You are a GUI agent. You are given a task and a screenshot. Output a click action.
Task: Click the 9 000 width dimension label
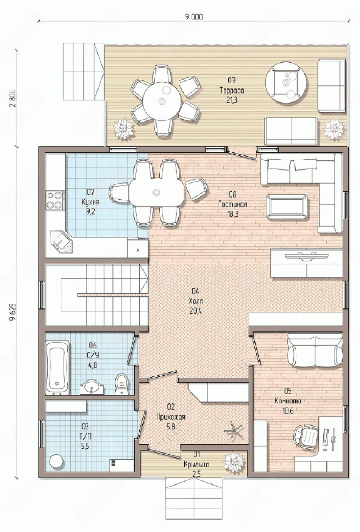(x=194, y=17)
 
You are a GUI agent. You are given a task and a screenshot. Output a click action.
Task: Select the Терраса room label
(x=232, y=90)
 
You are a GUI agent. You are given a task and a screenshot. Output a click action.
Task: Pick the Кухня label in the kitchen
(x=90, y=203)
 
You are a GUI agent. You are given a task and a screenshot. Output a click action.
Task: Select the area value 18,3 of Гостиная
(x=233, y=214)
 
